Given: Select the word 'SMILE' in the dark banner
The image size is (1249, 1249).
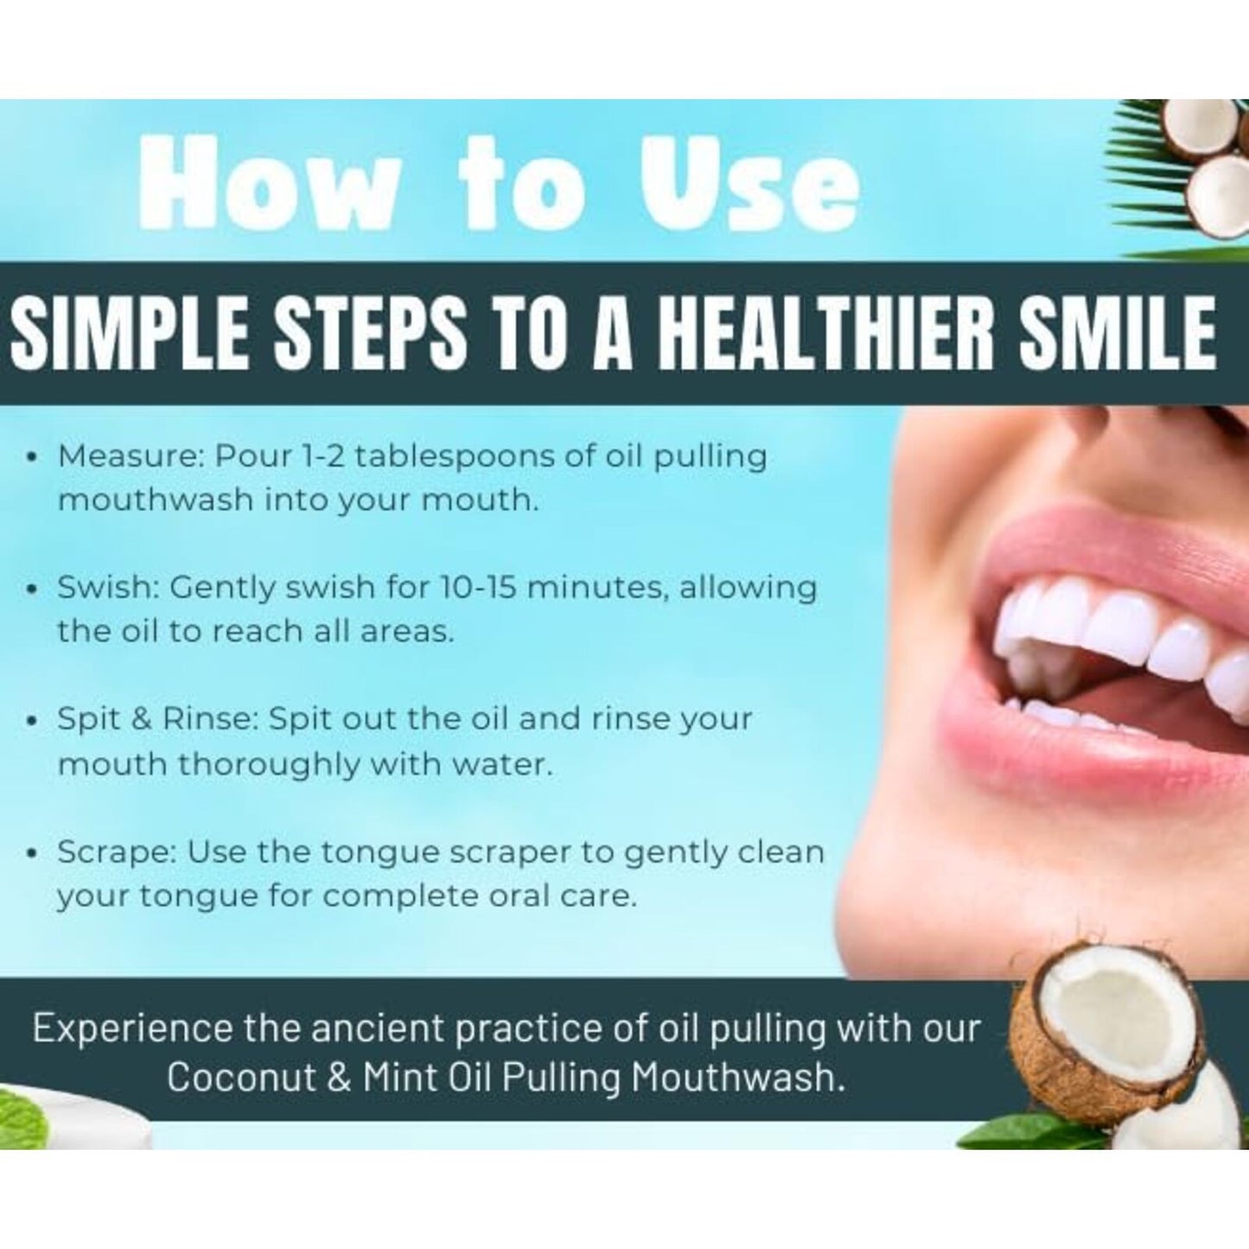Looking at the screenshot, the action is (x=1118, y=333).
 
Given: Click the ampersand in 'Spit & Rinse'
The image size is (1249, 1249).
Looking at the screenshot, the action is (x=141, y=719).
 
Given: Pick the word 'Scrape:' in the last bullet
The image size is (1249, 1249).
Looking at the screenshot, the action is (x=118, y=852).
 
